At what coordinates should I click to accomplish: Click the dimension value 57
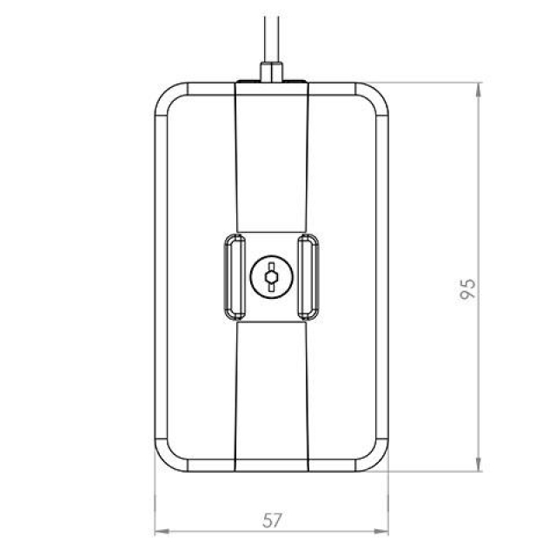272,520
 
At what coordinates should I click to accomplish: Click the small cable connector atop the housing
271,69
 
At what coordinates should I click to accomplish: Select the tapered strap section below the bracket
271,395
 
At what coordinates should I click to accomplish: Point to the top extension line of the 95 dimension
434,83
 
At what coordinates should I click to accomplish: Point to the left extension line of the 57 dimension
155,504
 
